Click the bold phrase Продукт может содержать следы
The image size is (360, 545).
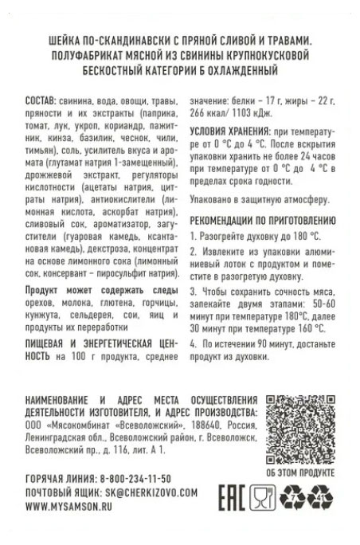pyautogui.click(x=100, y=291)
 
